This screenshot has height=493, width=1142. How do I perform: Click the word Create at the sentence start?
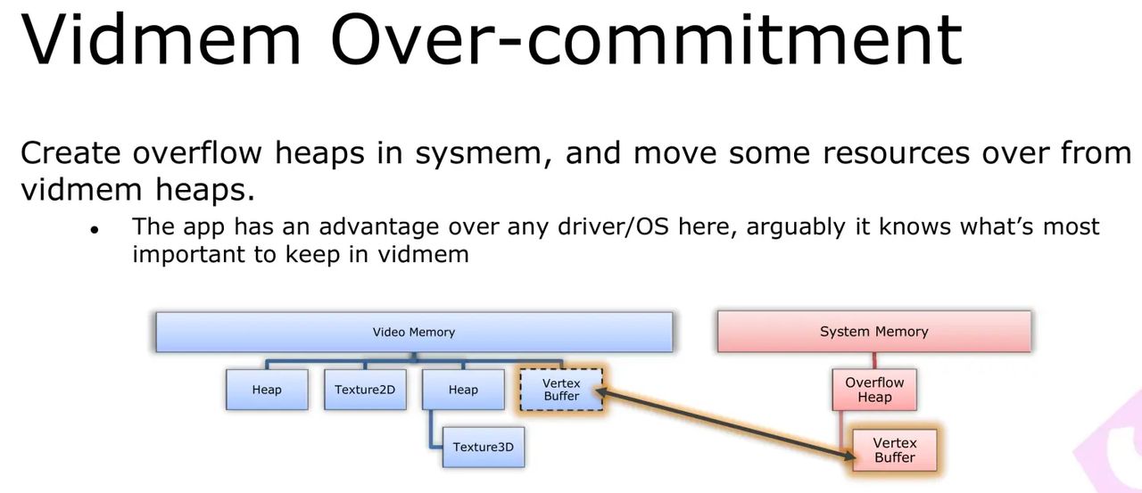pyautogui.click(x=70, y=153)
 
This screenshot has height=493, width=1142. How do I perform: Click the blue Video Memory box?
pyautogui.click(x=414, y=332)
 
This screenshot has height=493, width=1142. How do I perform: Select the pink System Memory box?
pyautogui.click(x=874, y=332)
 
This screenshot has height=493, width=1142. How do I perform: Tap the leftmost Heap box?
pyautogui.click(x=267, y=390)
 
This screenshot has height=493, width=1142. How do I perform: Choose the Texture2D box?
pyautogui.click(x=365, y=390)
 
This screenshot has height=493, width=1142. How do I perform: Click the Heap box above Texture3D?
pyautogui.click(x=463, y=390)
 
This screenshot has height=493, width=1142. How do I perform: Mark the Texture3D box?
pyautogui.click(x=484, y=447)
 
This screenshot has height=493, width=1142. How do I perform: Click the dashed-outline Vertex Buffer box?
pyautogui.click(x=561, y=390)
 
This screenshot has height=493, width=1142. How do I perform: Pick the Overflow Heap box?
pyautogui.click(x=874, y=390)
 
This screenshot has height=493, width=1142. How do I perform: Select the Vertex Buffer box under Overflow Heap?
pyautogui.click(x=894, y=450)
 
